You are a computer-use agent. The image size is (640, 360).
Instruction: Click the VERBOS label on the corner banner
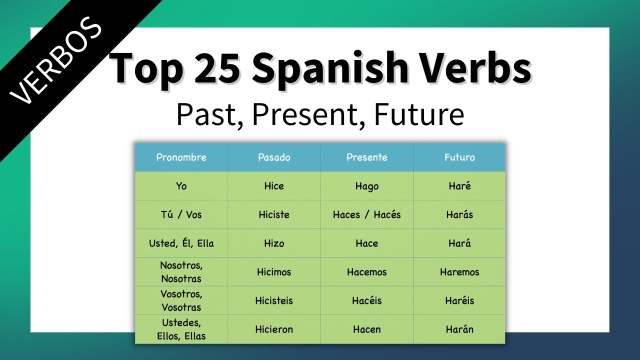click(56, 62)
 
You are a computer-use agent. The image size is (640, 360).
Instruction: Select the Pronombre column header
click(181, 157)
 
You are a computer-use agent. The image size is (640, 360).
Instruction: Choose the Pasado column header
click(274, 157)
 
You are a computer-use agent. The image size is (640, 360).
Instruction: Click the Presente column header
click(366, 157)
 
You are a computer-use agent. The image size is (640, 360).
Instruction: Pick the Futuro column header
click(459, 157)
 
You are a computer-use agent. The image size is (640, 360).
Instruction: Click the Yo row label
click(181, 186)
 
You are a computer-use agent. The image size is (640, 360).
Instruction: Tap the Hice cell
click(274, 186)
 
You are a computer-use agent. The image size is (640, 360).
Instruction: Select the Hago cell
click(366, 186)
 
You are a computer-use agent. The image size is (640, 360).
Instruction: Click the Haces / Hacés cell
click(366, 214)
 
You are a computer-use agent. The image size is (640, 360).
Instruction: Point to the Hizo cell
click(274, 243)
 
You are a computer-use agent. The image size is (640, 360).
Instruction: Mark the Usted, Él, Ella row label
click(181, 243)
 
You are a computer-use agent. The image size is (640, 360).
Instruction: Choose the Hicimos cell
click(274, 272)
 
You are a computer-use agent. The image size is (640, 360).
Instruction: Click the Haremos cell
click(459, 272)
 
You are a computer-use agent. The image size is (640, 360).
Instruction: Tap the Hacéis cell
click(366, 300)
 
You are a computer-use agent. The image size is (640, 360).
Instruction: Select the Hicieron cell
click(274, 329)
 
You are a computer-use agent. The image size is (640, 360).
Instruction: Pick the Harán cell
click(459, 329)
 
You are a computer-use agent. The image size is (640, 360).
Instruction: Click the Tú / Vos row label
click(181, 214)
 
